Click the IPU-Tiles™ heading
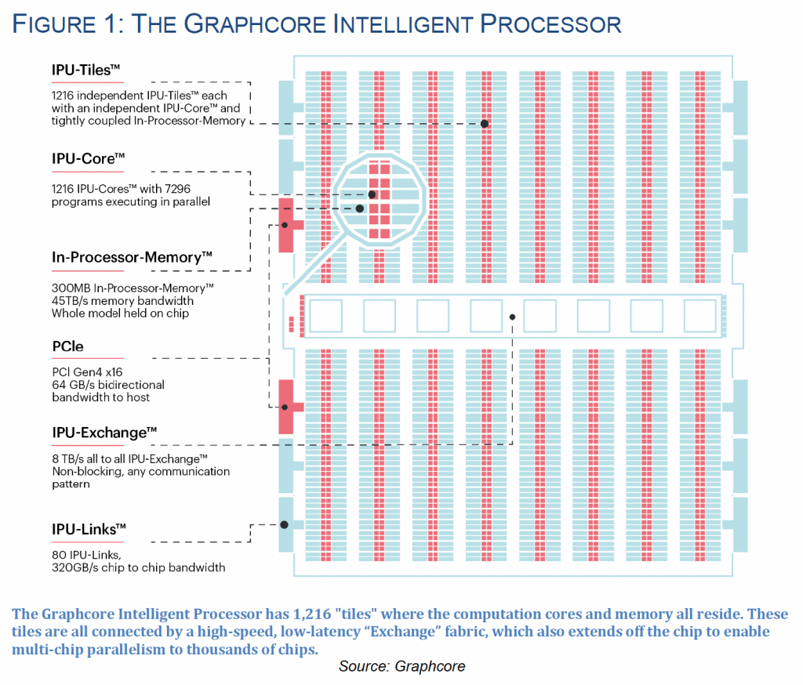coord(85,70)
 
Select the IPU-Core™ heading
coord(88,158)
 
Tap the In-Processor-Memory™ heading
coord(132,257)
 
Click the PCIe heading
coord(67,346)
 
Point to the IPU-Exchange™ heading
coord(104,433)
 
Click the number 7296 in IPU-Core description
coord(177,189)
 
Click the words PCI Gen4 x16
coord(88,372)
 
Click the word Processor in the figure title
coord(550,24)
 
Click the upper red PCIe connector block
coord(287,225)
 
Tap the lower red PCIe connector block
coord(287,407)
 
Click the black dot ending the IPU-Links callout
coord(284,525)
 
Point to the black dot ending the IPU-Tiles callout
coord(485,124)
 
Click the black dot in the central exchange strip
coord(512,317)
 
